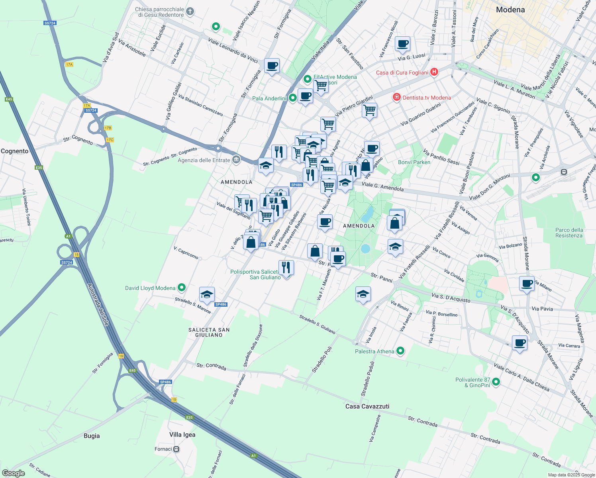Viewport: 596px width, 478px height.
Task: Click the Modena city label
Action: click(510, 10)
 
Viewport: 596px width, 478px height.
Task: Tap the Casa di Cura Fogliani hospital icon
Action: click(434, 72)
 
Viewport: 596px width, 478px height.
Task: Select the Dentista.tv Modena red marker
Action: click(396, 98)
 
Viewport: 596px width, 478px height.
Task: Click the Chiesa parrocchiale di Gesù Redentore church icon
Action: click(190, 11)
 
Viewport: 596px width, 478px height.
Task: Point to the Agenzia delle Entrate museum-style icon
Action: click(236, 160)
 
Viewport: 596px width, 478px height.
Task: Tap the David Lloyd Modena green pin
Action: click(182, 287)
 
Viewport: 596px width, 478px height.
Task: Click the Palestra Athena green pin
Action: click(400, 351)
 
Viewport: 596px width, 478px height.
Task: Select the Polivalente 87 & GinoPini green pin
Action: click(496, 382)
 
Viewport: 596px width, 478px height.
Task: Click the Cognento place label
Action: click(15, 151)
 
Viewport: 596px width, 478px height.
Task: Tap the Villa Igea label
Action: click(182, 435)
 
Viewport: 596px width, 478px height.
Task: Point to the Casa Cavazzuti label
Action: click(367, 406)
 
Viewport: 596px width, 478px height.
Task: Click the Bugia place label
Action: click(92, 436)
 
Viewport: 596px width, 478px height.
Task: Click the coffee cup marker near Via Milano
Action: click(527, 284)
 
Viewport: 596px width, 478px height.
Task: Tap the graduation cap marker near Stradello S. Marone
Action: click(207, 295)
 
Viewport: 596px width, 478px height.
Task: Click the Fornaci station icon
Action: click(176, 449)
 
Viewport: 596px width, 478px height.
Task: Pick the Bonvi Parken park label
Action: click(414, 162)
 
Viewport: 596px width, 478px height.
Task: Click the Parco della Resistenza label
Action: click(569, 233)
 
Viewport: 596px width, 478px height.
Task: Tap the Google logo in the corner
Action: click(13, 473)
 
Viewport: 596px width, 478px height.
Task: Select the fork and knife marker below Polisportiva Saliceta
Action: click(286, 267)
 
